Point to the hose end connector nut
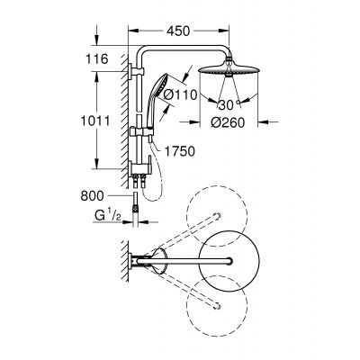pos(135,206)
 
